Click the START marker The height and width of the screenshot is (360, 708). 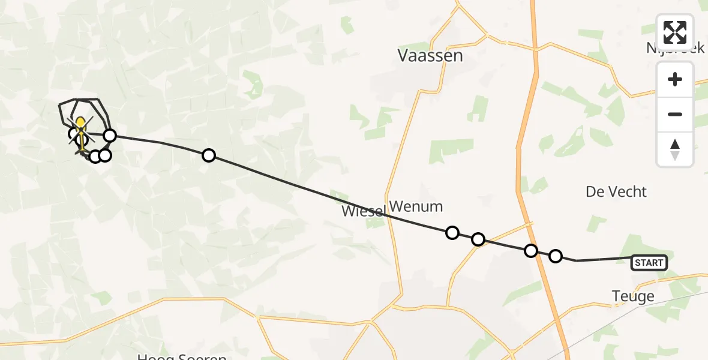(x=649, y=262)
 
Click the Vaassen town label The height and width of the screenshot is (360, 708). (x=430, y=56)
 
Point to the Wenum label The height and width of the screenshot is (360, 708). (x=416, y=207)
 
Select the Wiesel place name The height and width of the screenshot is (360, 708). (x=363, y=211)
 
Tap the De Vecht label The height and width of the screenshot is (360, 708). (x=616, y=192)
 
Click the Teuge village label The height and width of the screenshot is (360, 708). (x=632, y=296)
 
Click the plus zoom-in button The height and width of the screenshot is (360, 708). (x=675, y=80)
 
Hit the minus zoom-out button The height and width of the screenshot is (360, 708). (x=675, y=114)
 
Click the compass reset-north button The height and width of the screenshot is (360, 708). (x=675, y=149)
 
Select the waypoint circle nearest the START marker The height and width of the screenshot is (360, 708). (x=556, y=256)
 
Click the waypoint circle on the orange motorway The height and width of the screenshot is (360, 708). (x=531, y=251)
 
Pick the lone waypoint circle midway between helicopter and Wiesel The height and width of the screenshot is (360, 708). (x=208, y=155)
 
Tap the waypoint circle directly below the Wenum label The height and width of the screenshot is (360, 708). (x=452, y=233)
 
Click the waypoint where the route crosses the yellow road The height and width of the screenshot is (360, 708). (x=478, y=239)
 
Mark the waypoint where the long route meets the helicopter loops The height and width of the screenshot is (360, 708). (x=109, y=136)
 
